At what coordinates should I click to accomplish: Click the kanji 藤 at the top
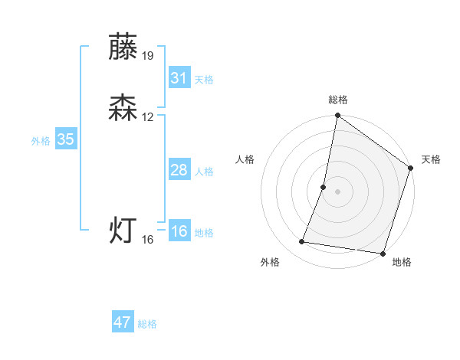tap(123, 47)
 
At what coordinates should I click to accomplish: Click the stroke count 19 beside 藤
tap(148, 55)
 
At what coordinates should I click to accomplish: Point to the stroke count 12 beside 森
tap(148, 117)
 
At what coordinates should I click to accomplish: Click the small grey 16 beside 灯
tap(148, 240)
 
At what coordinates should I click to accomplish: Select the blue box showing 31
tap(179, 78)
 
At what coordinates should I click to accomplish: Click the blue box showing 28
tap(179, 170)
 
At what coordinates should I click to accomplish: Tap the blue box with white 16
tap(179, 231)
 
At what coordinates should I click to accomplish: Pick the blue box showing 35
tap(65, 139)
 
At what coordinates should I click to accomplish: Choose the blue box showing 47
tap(123, 322)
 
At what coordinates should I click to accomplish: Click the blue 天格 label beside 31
tap(204, 80)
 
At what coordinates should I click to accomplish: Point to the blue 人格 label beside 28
tap(204, 172)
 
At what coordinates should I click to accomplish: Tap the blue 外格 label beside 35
tap(41, 141)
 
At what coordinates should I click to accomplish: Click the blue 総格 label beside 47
tap(147, 324)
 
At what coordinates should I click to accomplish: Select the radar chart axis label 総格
tap(338, 100)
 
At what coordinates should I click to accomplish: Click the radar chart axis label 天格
tap(431, 159)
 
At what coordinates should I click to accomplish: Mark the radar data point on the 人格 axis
tap(324, 187)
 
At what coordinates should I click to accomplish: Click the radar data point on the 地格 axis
tap(383, 254)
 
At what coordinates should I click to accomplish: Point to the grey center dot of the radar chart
tap(337, 191)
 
